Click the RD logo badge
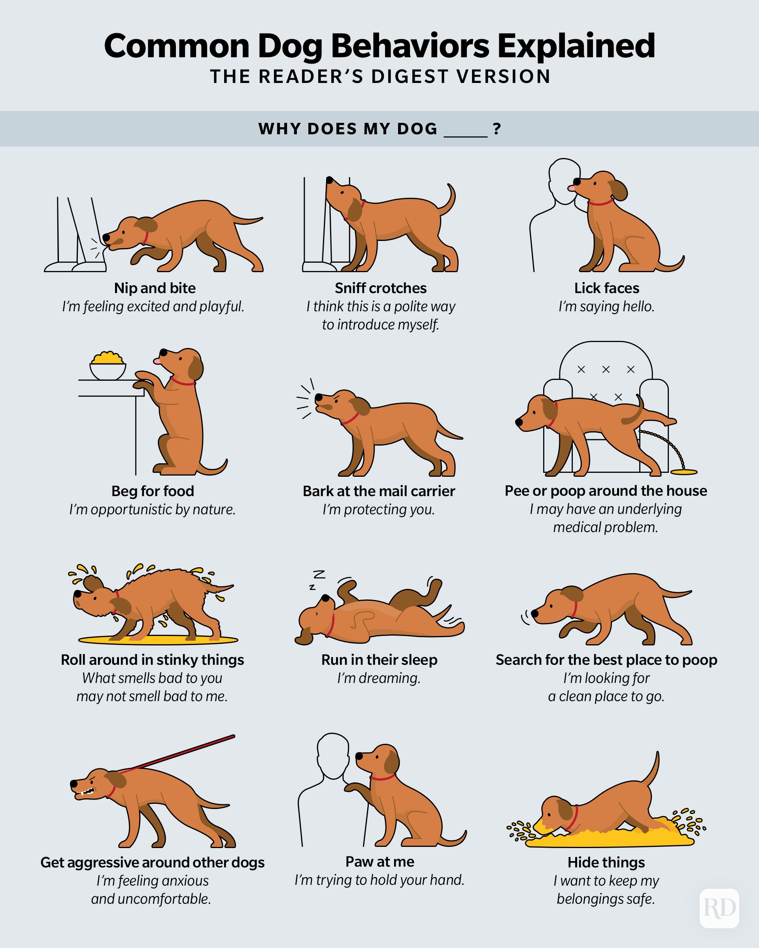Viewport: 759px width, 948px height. tap(719, 908)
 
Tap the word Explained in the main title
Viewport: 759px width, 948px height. tap(576, 46)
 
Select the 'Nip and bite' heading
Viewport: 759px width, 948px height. tap(155, 288)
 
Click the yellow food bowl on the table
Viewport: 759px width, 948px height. tap(108, 366)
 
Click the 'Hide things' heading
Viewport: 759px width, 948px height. tap(606, 862)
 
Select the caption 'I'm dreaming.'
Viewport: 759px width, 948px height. tap(379, 678)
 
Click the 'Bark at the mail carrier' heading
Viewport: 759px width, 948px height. tap(379, 491)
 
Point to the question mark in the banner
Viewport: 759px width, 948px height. tap(497, 129)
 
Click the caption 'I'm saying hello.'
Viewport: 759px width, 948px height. tap(606, 307)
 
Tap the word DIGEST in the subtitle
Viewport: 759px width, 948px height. tap(410, 77)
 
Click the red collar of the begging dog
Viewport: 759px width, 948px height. tap(183, 382)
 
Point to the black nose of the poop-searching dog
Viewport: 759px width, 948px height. tap(534, 613)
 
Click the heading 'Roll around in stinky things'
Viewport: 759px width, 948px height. tap(152, 660)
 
